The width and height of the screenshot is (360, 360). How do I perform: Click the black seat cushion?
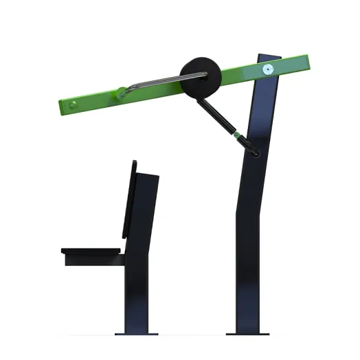point(93,251)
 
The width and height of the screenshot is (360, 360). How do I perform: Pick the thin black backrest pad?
point(129,199)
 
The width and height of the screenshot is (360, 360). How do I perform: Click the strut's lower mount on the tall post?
point(256,151)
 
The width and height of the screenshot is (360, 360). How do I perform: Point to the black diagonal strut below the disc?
point(216,117)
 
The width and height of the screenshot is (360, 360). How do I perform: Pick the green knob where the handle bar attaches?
point(122,92)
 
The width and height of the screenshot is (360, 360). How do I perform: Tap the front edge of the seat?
point(63,251)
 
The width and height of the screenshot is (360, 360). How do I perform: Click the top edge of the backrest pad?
point(133,162)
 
